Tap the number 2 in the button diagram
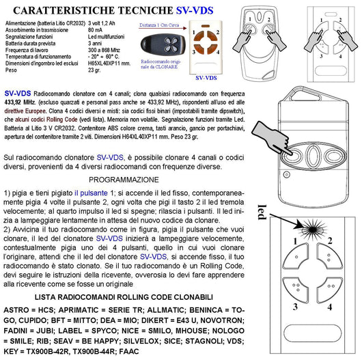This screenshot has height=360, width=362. [x=330, y=240]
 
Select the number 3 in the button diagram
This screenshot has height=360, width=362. [x=277, y=307]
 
